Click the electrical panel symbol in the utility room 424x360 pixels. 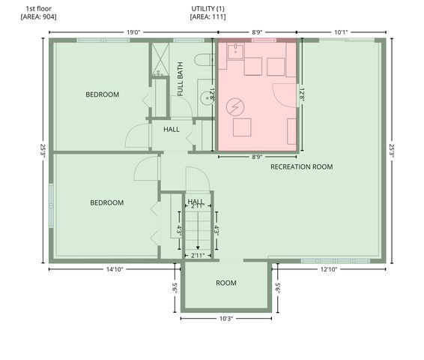coord(236,106)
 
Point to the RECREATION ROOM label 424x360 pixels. coord(301,166)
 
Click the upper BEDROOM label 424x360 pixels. coord(102,94)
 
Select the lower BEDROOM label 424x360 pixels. coord(107,202)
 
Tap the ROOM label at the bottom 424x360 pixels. coord(226,283)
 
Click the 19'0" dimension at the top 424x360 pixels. coord(133,32)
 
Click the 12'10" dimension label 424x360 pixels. coord(328,269)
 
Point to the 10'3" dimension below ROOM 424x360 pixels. coord(226,319)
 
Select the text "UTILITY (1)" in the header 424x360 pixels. coord(208,8)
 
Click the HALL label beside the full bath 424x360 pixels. coord(171,129)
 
